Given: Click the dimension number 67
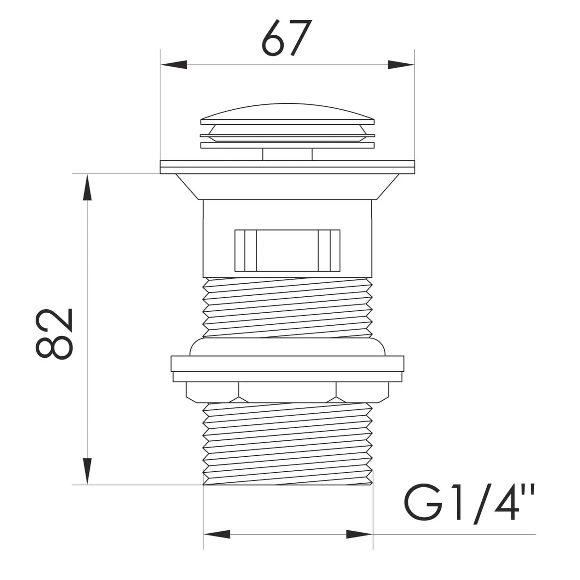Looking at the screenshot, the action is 286,39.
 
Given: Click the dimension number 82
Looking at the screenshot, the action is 54,334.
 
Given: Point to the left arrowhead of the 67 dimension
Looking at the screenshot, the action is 174,65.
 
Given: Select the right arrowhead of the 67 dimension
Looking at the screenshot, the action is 401,65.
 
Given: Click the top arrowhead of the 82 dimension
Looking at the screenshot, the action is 87,187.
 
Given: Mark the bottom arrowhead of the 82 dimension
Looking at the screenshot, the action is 87,471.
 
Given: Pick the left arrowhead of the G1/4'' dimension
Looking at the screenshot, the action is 217,543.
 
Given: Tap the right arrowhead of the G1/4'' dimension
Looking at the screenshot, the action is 360,543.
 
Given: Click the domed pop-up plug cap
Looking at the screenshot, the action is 288,114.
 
